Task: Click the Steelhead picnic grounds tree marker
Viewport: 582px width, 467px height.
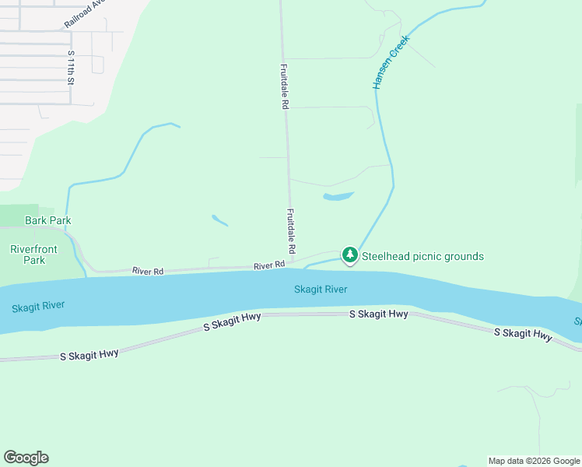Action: pos(350,255)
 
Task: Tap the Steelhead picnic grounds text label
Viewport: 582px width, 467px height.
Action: pos(423,257)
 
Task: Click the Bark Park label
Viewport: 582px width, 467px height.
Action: pos(48,220)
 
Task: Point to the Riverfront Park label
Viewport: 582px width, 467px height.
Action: pos(28,255)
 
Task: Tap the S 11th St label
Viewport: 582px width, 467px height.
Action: pos(71,67)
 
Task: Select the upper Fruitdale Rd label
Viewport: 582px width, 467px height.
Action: pos(285,86)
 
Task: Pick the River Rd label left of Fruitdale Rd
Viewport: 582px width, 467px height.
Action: pos(148,271)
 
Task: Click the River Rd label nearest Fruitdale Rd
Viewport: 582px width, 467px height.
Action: pos(269,265)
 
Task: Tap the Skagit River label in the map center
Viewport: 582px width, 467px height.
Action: pos(321,290)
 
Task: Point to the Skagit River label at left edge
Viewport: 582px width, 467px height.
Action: pos(38,307)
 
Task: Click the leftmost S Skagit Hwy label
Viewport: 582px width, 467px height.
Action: pos(89,354)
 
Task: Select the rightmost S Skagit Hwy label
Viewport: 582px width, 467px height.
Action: pos(524,334)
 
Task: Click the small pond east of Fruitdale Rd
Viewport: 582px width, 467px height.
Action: pos(338,196)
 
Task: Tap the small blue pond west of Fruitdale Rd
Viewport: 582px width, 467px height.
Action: pos(219,220)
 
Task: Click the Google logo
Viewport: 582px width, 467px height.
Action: pos(26,458)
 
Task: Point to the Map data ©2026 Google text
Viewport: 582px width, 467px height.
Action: pos(534,461)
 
